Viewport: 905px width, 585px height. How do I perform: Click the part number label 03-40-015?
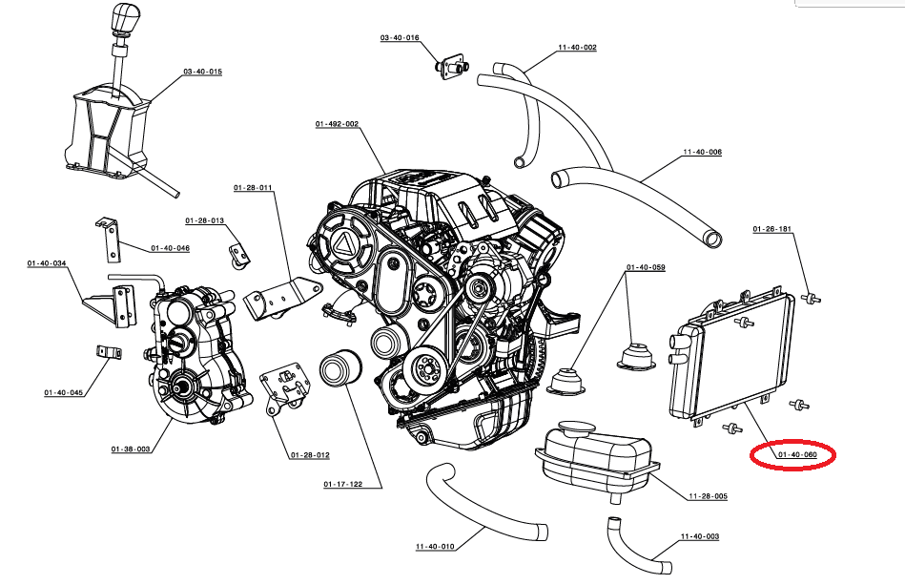click(202, 72)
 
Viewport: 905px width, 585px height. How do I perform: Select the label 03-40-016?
click(400, 37)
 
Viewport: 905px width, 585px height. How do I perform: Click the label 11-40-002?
click(577, 48)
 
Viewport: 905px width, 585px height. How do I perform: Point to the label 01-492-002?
click(337, 124)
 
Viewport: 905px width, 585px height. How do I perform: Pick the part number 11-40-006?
click(703, 152)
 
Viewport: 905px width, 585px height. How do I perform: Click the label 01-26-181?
click(772, 229)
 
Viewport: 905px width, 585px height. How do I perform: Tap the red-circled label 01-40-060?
click(797, 454)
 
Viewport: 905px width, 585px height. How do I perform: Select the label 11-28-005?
click(709, 496)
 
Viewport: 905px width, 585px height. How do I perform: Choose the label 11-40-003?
click(700, 536)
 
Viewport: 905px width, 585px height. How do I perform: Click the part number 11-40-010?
click(435, 546)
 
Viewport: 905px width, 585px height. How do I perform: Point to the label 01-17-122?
click(343, 484)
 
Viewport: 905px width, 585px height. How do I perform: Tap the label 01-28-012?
click(310, 455)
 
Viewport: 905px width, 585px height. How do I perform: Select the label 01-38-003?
click(131, 449)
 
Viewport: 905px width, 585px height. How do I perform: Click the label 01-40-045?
click(64, 392)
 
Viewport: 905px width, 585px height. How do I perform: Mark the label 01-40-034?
click(47, 263)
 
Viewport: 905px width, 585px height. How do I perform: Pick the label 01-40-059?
click(646, 267)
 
